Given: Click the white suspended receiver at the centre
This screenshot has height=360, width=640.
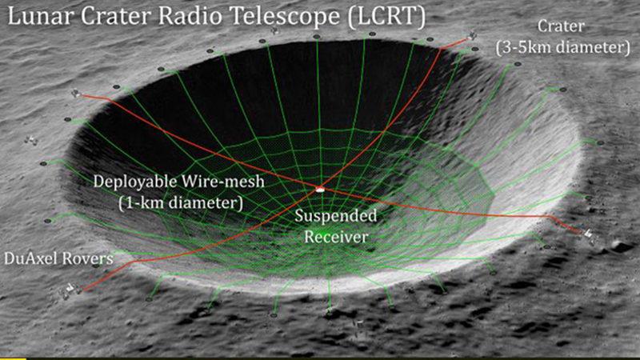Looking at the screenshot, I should (x=320, y=190).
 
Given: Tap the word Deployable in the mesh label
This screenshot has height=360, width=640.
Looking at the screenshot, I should (x=133, y=182).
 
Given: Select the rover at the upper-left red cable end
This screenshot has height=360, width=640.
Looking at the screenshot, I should (x=78, y=93).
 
